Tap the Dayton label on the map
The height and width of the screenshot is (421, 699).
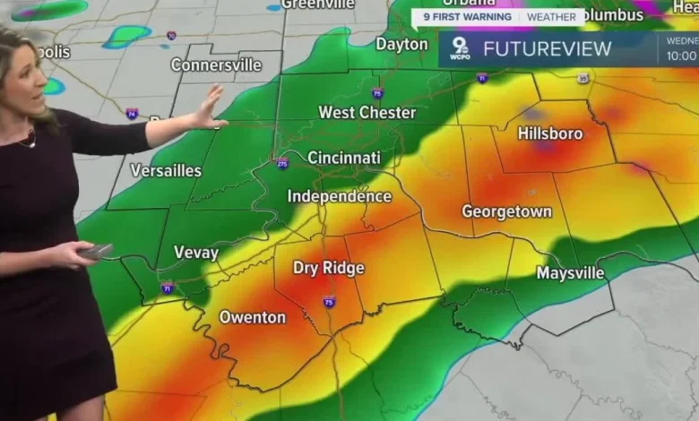coord(401,44)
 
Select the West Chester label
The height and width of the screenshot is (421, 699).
coord(367,113)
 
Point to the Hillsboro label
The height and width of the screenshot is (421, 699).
coord(550,133)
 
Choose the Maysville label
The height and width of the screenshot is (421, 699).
coord(570,272)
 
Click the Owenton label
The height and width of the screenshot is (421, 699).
coord(253,317)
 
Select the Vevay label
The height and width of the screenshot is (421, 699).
coord(196,253)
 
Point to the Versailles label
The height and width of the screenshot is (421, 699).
coord(166,170)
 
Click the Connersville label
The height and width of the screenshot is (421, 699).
coord(216,64)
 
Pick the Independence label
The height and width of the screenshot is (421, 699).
coord(339,196)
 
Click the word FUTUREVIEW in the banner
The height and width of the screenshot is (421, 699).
coord(548,49)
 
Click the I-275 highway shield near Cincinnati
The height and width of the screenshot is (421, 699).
coord(282,163)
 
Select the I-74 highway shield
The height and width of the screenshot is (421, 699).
coord(132,114)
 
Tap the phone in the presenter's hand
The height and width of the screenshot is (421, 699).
coord(96,252)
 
